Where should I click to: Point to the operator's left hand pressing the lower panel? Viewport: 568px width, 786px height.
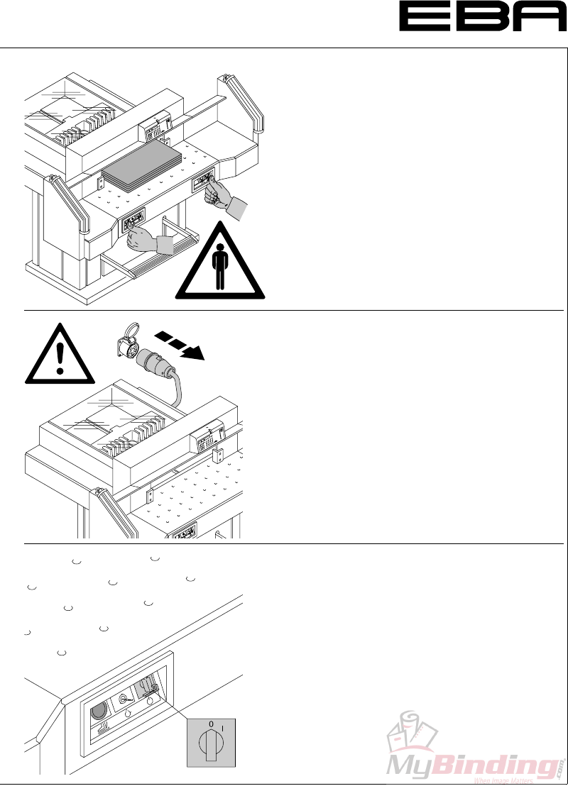tap(146, 240)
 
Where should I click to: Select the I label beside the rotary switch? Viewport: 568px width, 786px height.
tap(223, 726)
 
